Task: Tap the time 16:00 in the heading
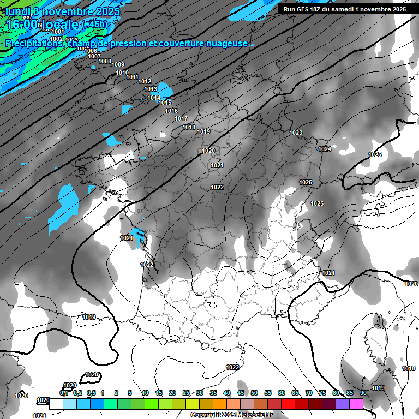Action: point(22,25)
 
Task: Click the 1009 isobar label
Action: point(118,65)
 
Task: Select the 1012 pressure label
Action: point(145,81)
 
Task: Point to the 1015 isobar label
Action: point(165,103)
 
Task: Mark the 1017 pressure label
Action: point(181,118)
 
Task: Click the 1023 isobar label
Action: point(296,133)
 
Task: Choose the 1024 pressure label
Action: point(325,149)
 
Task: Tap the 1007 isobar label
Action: point(94,56)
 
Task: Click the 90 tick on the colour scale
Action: point(363,393)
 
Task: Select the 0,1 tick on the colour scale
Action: point(63,393)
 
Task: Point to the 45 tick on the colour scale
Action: point(241,393)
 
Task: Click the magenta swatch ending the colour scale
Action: point(356,404)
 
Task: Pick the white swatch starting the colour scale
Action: point(56,404)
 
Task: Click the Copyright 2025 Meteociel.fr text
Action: point(231,415)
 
